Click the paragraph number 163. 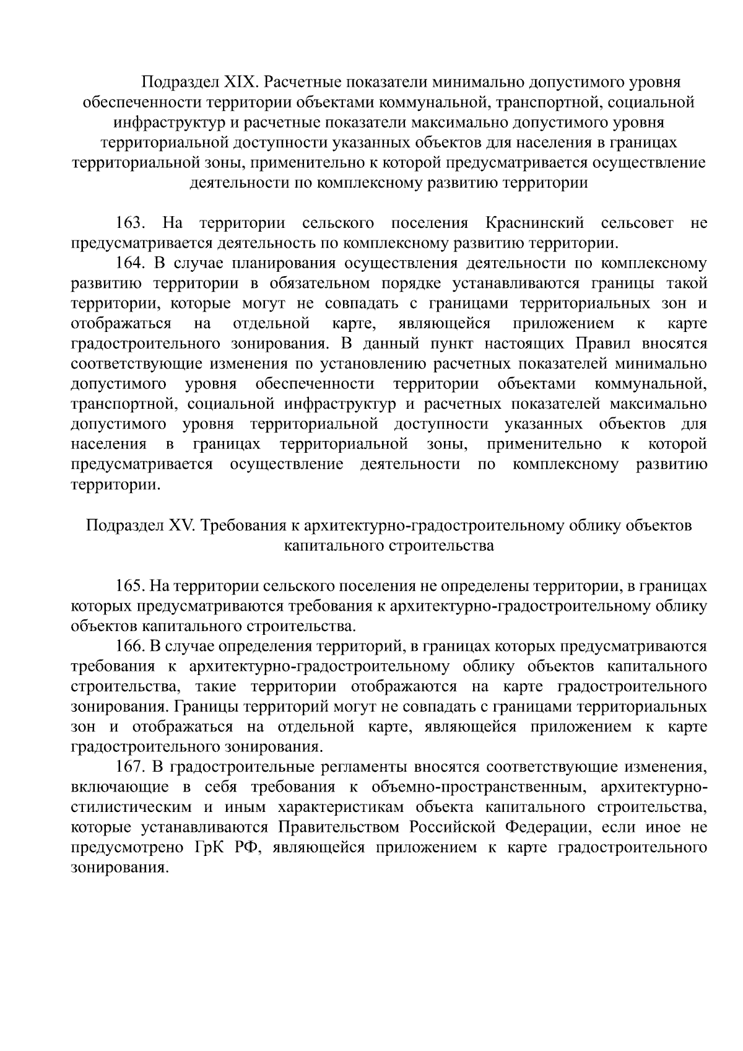pyautogui.click(x=131, y=223)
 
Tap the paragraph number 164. pyautogui.click(x=131, y=263)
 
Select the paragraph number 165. pyautogui.click(x=131, y=586)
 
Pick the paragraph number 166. pyautogui.click(x=131, y=647)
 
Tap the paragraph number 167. pyautogui.click(x=131, y=767)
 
